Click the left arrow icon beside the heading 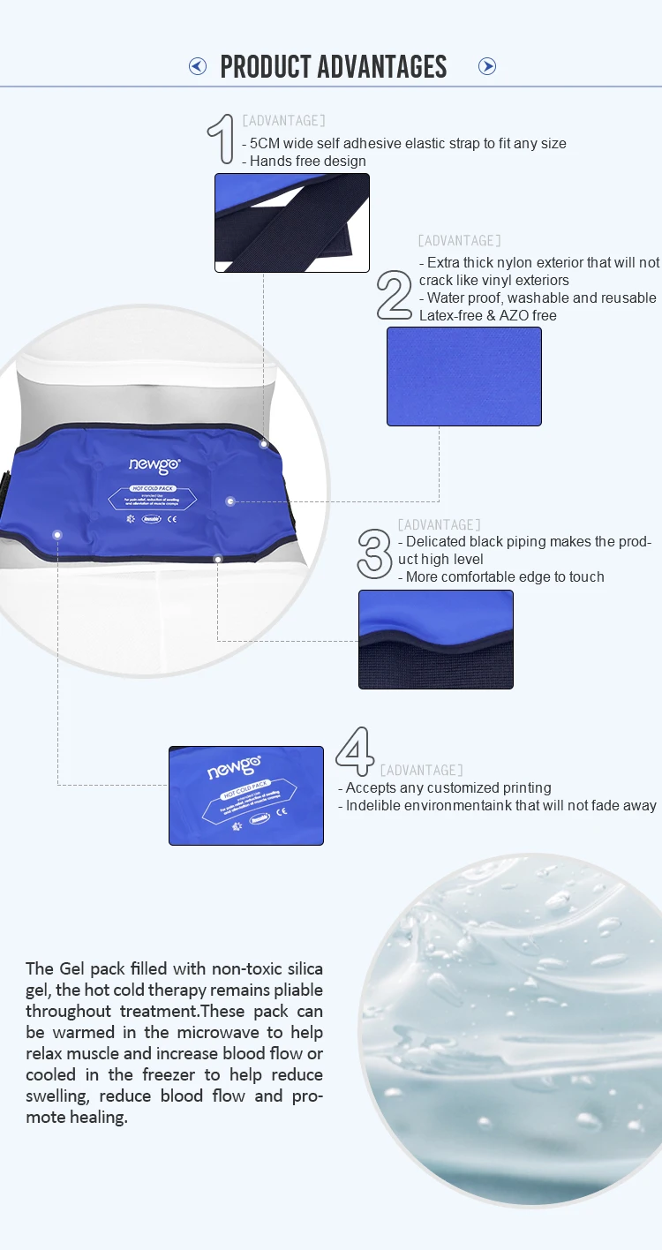point(198,66)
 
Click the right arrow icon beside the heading point(487,66)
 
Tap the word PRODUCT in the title point(266,66)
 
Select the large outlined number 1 point(221,139)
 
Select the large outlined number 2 point(395,295)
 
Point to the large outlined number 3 point(374,553)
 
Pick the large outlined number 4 point(355,752)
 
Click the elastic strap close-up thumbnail point(292,222)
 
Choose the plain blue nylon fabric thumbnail point(464,377)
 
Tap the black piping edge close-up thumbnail point(436,640)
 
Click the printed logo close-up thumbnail point(246,795)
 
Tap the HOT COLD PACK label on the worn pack point(154,488)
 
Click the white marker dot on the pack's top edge point(263,444)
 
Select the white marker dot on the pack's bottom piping point(218,558)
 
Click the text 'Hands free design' point(307,161)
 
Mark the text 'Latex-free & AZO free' point(488,315)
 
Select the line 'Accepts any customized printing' point(448,787)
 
